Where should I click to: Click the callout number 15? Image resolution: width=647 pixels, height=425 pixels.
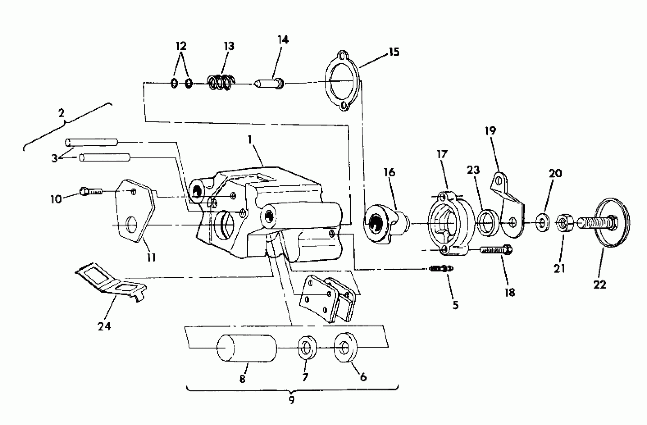pos(394,52)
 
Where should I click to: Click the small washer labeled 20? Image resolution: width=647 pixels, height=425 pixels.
pos(543,223)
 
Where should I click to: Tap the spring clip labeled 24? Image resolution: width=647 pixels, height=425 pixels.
pos(111,283)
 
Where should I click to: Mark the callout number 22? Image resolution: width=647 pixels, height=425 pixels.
pos(600,285)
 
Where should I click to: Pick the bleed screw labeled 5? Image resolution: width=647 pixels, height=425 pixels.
pos(441,269)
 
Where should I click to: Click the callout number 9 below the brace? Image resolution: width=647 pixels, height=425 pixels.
pos(291,400)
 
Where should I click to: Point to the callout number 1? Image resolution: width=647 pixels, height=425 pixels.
pos(250,140)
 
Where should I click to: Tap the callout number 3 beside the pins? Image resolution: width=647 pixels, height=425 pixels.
pos(55,158)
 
